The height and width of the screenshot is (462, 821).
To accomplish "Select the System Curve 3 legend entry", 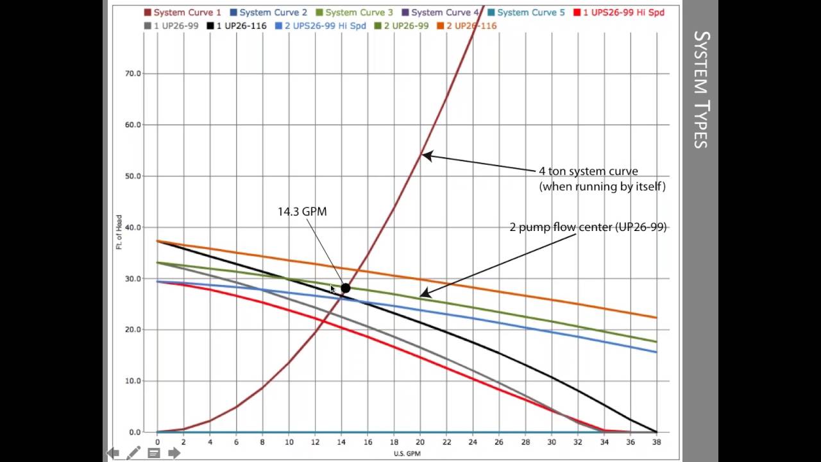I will coord(354,12).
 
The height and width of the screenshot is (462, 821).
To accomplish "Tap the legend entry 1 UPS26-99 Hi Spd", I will coord(618,12).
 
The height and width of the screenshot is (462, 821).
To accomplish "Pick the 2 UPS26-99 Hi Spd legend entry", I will coord(321,26).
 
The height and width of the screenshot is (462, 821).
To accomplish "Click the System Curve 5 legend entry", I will coord(526,12).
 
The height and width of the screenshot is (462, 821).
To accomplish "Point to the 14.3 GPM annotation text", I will coord(302,212).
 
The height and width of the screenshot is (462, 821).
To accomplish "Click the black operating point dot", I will coord(346,289).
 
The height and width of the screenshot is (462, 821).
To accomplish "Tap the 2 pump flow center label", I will coord(588,227).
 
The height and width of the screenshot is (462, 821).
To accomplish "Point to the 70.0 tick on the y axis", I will coord(132,74).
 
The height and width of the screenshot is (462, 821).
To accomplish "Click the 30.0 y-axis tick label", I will coord(132,278).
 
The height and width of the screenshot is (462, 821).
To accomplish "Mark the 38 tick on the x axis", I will coord(657,442).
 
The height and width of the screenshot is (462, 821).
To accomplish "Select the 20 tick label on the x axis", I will coord(420,442).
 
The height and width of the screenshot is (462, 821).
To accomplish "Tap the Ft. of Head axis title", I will coord(119,232).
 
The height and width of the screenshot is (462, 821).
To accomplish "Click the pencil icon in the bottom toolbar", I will coord(133,453).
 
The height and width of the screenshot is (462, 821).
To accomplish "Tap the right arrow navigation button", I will coord(174,453).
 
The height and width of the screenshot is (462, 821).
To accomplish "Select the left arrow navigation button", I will coord(113,453).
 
